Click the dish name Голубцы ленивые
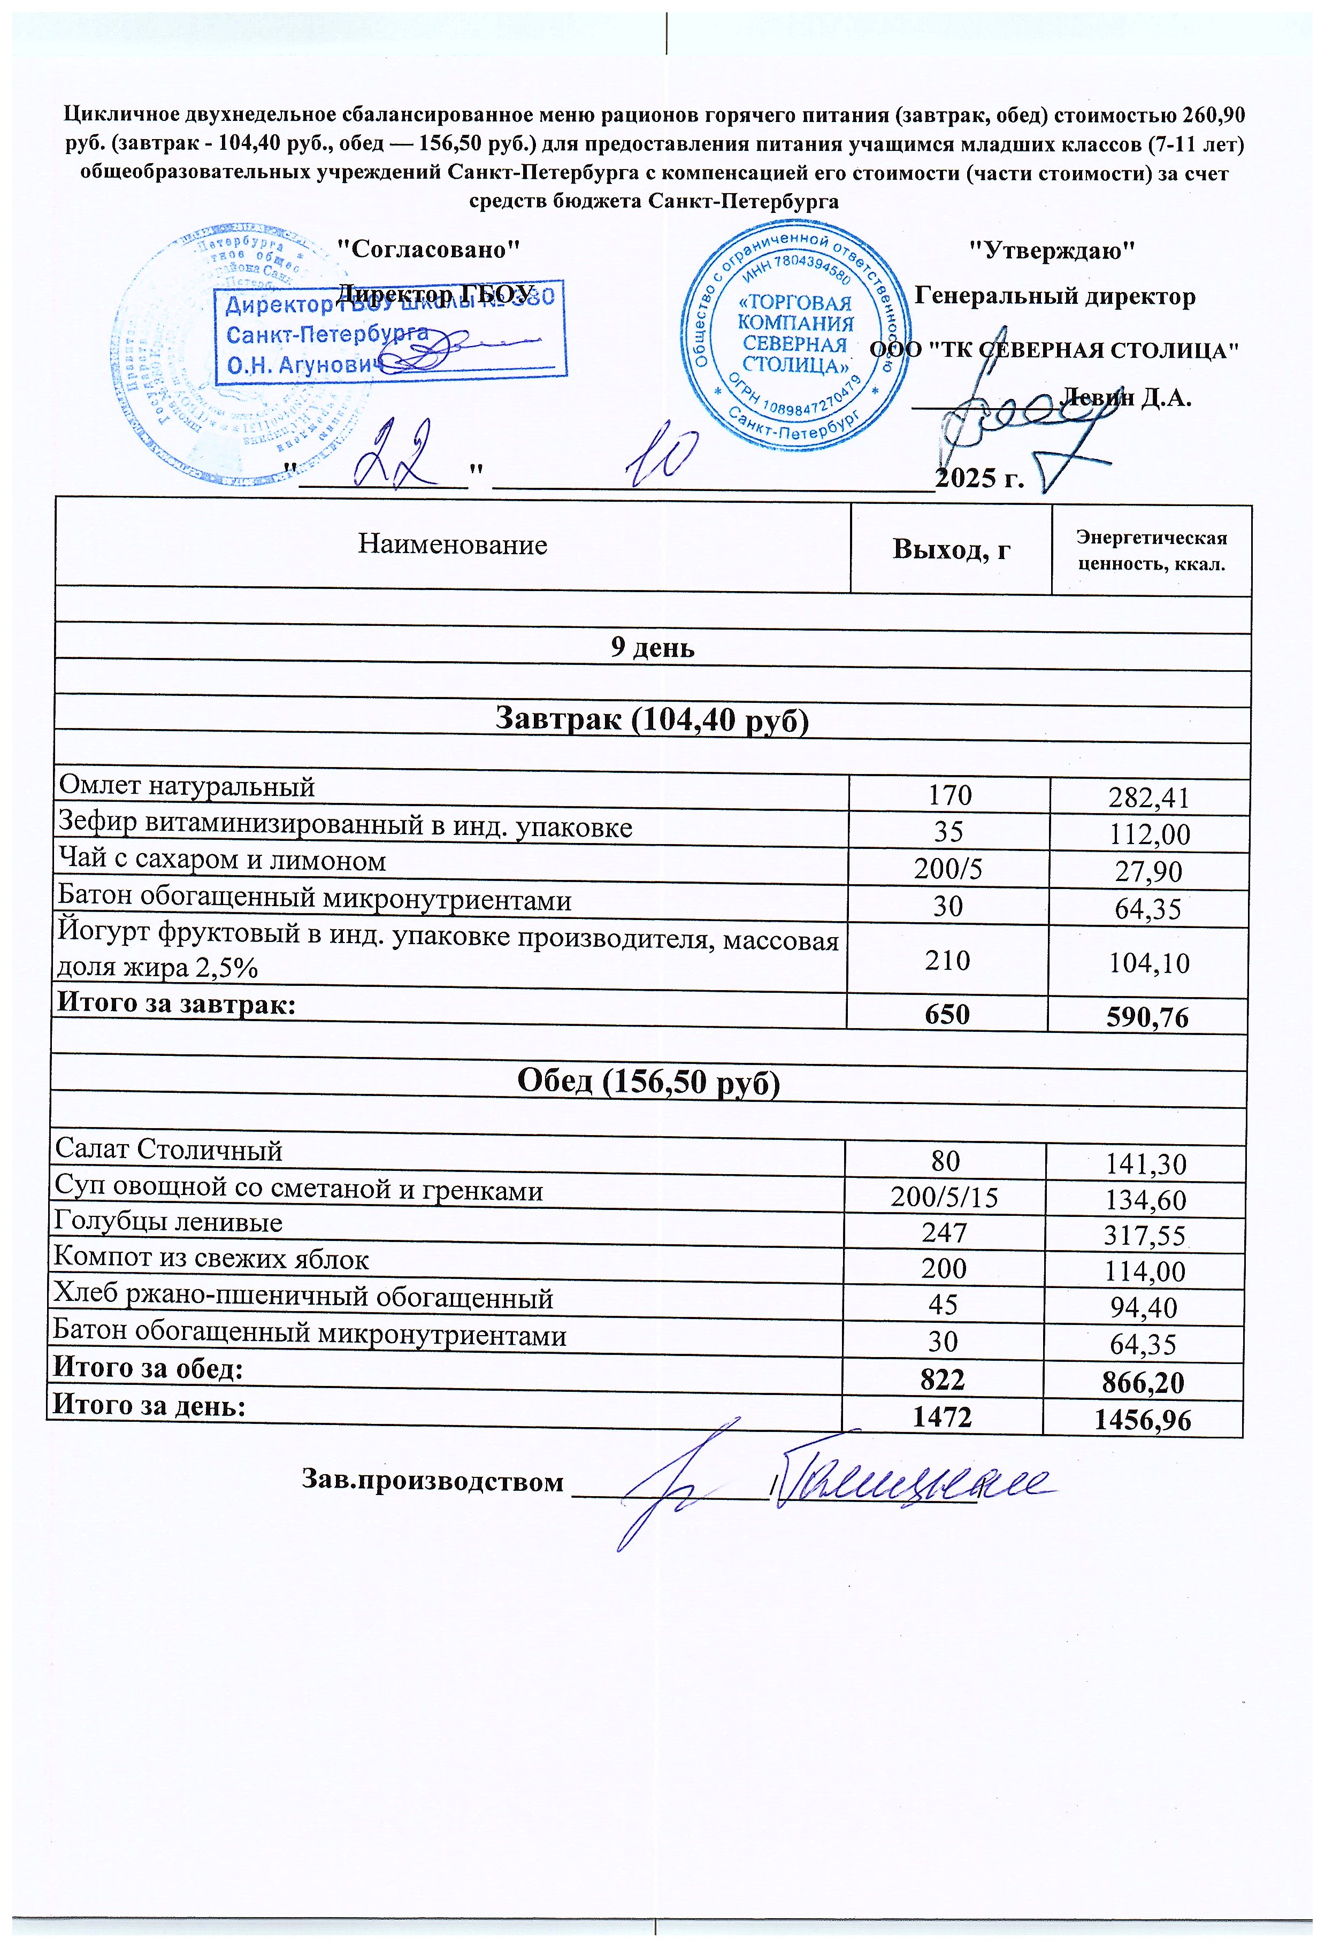[x=168, y=1222]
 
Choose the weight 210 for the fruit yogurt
[x=947, y=960]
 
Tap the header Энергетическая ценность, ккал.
[x=1151, y=550]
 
